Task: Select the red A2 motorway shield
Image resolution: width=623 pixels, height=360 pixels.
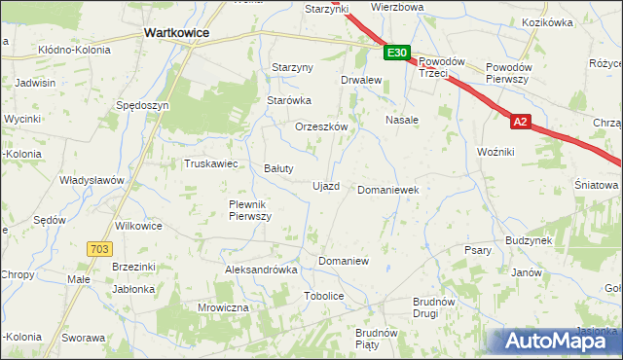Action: (522, 122)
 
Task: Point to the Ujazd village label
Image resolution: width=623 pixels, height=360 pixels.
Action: (325, 186)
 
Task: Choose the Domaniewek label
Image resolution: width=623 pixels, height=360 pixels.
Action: (388, 190)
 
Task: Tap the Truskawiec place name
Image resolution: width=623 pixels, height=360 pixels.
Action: (211, 163)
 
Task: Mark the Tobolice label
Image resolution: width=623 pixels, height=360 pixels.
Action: (324, 295)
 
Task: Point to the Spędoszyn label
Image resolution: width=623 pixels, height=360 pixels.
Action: (142, 105)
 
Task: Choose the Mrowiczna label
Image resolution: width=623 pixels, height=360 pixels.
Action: (224, 307)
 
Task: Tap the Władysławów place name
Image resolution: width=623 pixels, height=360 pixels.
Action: (92, 181)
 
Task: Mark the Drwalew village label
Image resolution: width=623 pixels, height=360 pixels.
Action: (359, 81)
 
